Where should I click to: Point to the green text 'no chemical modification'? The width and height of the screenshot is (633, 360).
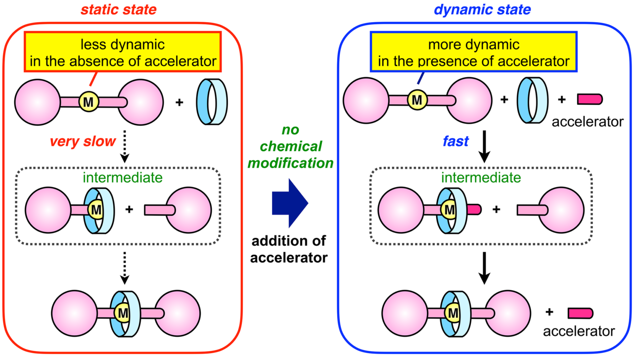pyautogui.click(x=290, y=147)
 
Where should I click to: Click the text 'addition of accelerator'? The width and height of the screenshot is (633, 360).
pyautogui.click(x=290, y=249)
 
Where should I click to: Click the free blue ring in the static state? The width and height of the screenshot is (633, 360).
pyautogui.click(x=212, y=102)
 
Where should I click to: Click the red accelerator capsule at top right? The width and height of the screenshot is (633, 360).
pyautogui.click(x=589, y=99)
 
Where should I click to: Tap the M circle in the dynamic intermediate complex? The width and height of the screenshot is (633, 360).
pyautogui.click(x=450, y=210)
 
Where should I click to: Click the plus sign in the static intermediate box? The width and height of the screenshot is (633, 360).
pyautogui.click(x=130, y=209)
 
